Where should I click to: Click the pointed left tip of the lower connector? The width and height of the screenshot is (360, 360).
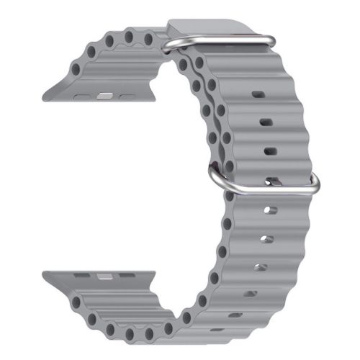[x=45, y=274]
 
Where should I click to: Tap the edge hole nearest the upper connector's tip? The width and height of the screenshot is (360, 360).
[x=76, y=68]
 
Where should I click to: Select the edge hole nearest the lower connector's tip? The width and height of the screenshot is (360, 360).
[x=76, y=302]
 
